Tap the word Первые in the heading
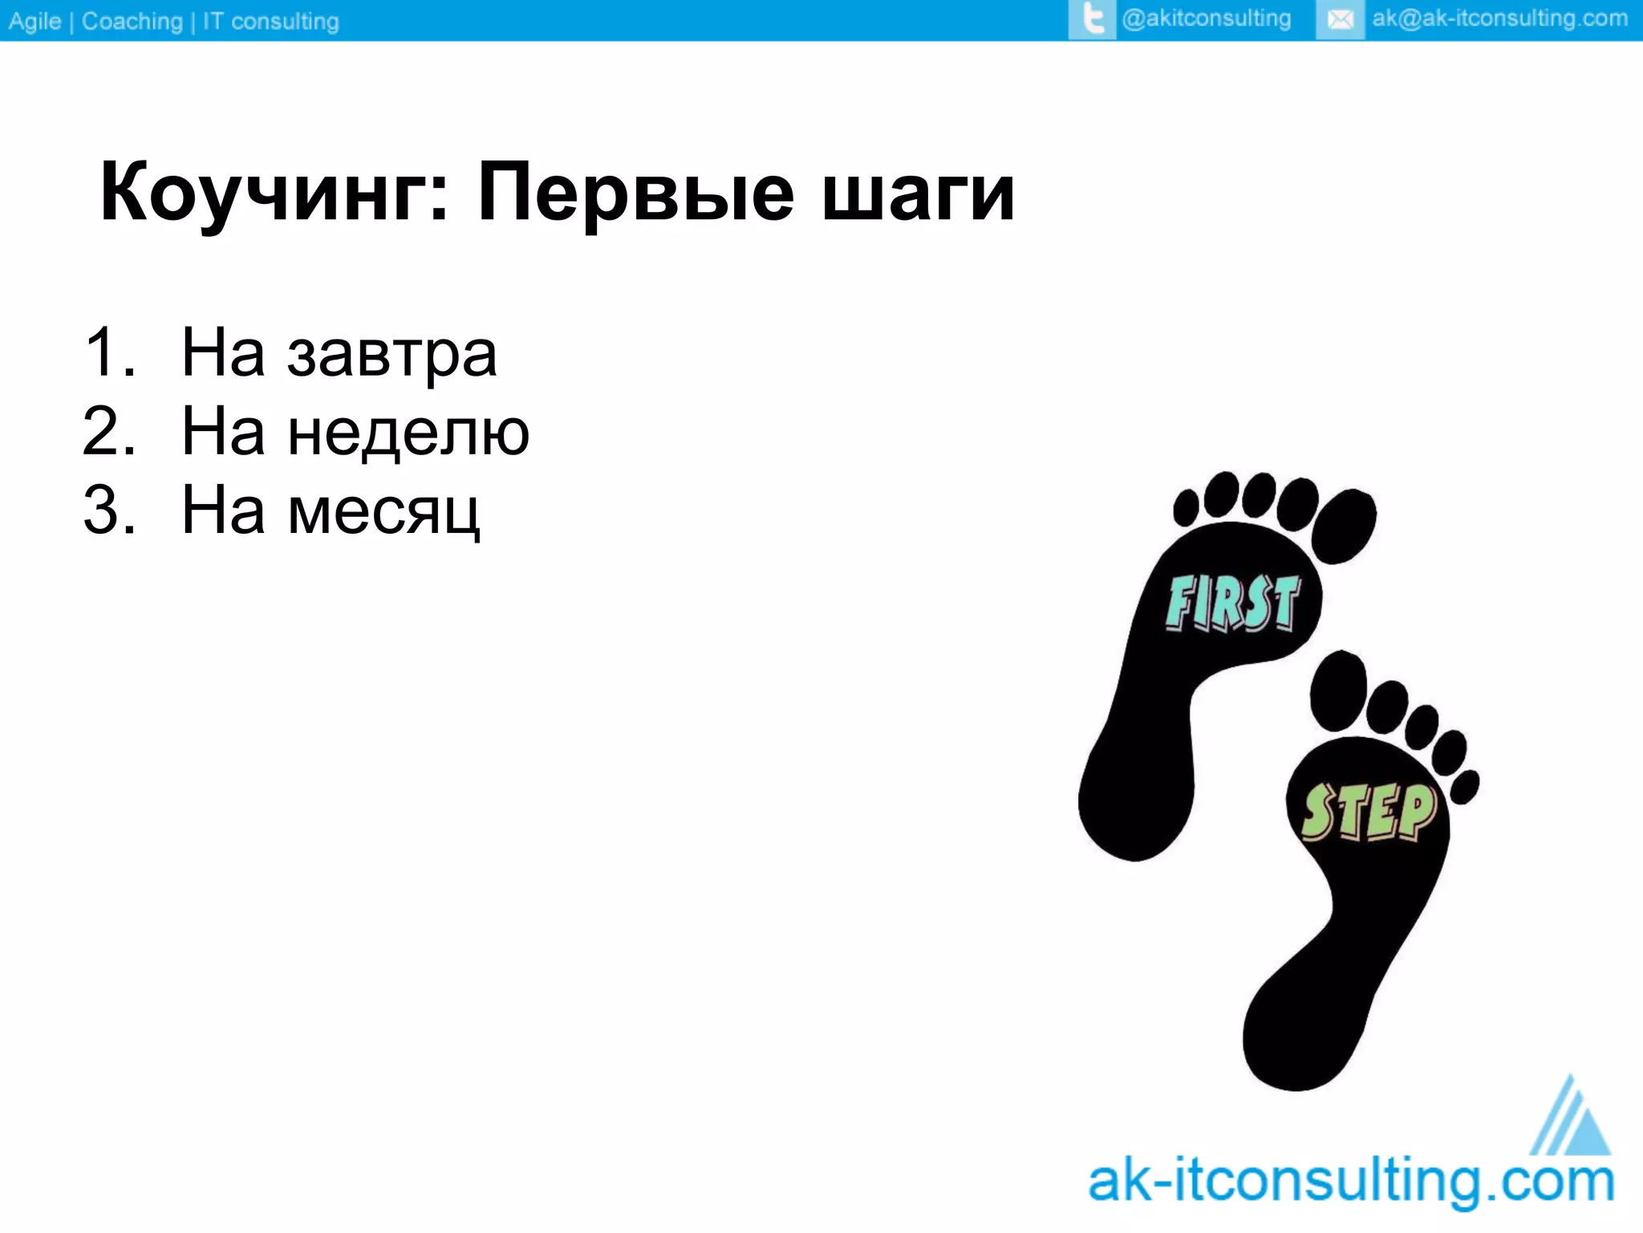click(635, 193)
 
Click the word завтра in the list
click(392, 356)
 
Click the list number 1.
click(109, 353)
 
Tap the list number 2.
click(109, 432)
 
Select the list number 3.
click(109, 511)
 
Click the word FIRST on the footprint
click(1233, 604)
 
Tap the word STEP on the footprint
click(1369, 812)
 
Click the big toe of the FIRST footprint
click(1345, 526)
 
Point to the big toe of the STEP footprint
click(1337, 690)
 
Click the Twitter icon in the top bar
click(1092, 19)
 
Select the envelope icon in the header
click(1340, 19)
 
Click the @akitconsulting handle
click(1206, 18)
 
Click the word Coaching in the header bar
click(132, 21)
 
